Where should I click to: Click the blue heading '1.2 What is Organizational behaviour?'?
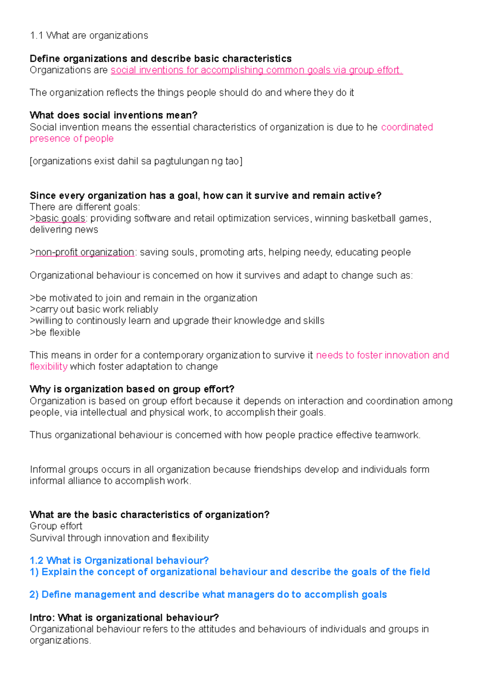119,560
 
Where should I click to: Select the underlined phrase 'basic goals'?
60,218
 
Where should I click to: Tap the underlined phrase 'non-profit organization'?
85,252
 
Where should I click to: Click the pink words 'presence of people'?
71,139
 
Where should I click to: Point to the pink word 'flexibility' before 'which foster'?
48,366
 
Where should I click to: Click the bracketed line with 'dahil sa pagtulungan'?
136,161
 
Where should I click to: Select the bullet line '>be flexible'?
55,332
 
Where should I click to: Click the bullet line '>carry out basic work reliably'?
94,309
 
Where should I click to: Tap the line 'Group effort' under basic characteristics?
56,526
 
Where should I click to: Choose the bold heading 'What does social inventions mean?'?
114,115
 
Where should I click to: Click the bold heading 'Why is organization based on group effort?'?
132,389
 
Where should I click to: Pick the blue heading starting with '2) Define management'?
208,594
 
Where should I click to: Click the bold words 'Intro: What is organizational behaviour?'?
124,618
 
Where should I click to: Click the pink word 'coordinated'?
407,127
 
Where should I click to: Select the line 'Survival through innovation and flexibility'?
119,538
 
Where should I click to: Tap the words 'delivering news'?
64,230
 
